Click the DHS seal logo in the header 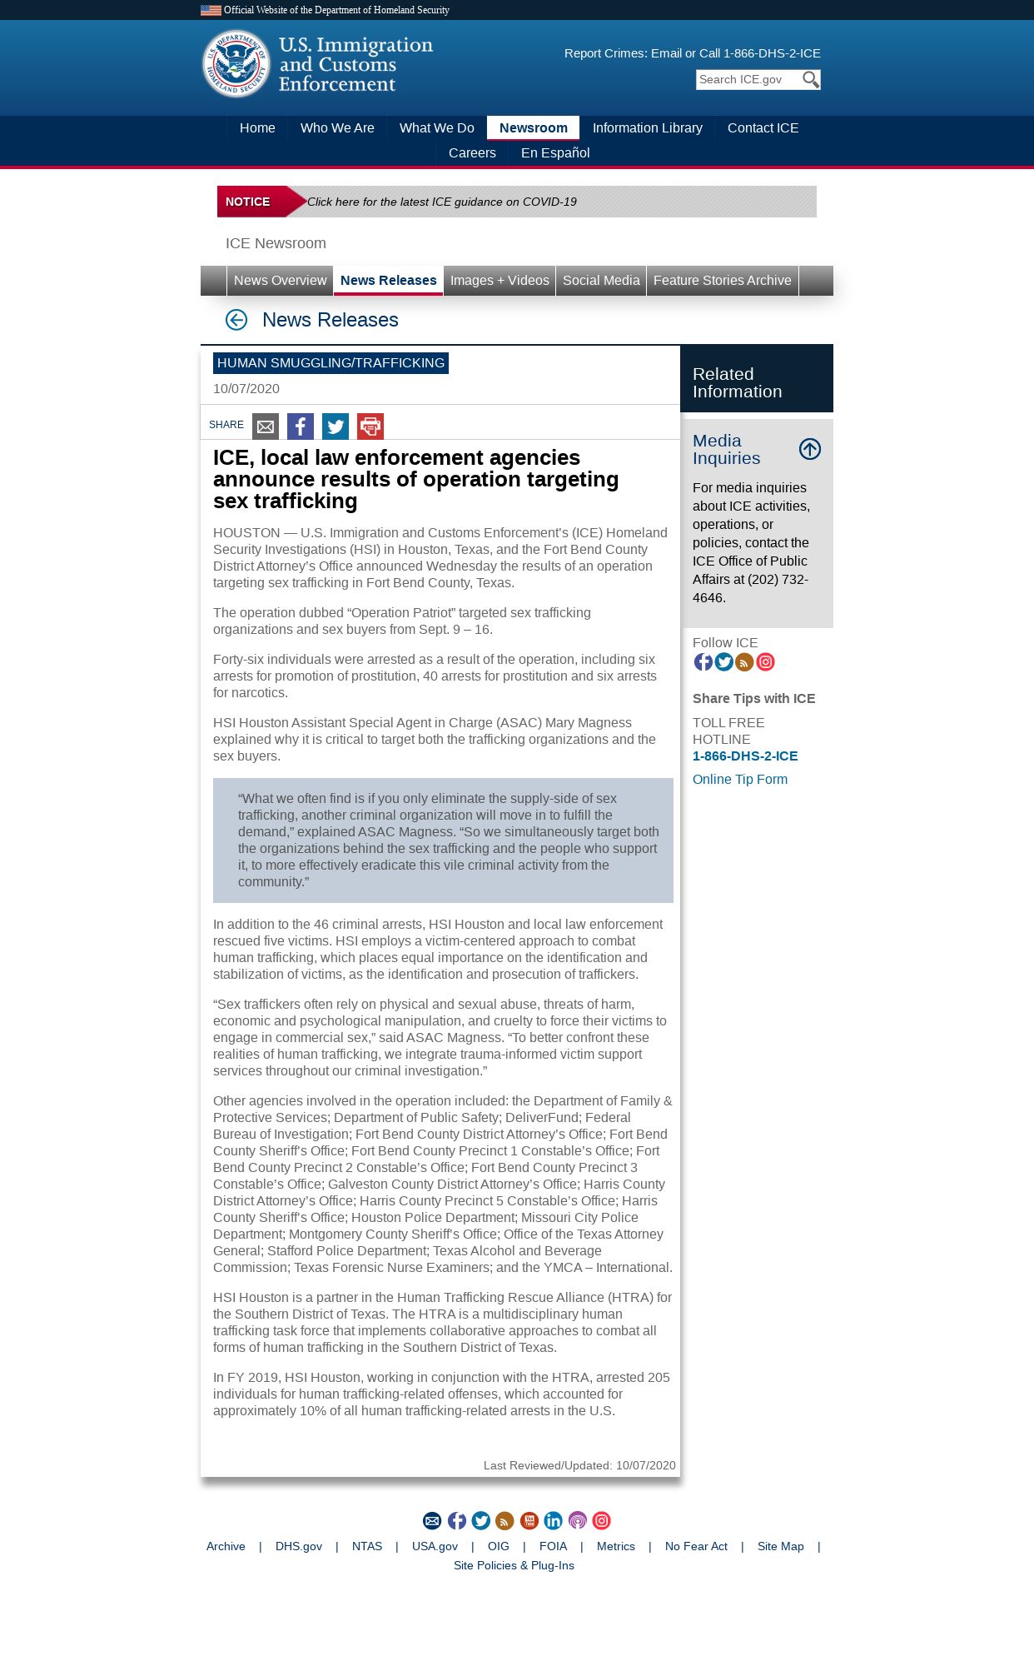coord(236,64)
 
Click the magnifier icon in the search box coord(810,79)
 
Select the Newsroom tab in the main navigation coord(533,127)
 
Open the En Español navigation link coord(554,152)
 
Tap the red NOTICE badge coord(249,202)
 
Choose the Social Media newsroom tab coord(601,281)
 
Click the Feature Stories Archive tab coord(722,281)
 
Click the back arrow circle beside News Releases coord(236,320)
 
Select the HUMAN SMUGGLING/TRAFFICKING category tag coord(331,363)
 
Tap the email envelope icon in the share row coord(266,426)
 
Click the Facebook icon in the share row coord(301,426)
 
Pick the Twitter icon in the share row coord(336,426)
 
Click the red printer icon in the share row coord(370,426)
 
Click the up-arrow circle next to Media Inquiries coord(810,449)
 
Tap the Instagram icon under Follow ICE coord(766,662)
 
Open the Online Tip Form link coord(739,780)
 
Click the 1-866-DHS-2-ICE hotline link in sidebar coord(745,756)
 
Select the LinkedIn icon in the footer coord(553,1521)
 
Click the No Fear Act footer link coord(696,1547)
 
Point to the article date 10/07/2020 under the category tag coord(246,389)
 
